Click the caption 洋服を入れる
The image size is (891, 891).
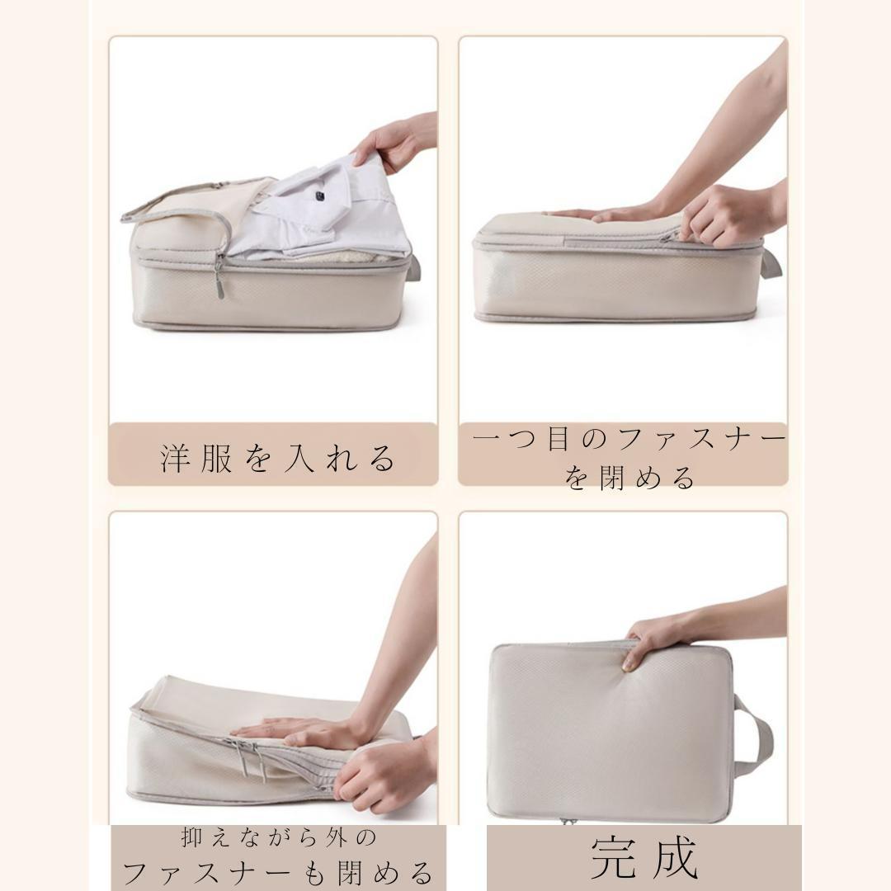[x=278, y=458]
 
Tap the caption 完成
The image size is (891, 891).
[x=644, y=858]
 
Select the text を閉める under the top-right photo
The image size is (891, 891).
[x=629, y=478]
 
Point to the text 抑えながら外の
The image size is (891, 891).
[x=279, y=837]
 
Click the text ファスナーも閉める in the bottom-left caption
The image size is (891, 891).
[x=278, y=872]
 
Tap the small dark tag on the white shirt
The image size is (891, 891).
[x=321, y=196]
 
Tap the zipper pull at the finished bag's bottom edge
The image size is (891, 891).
[x=567, y=821]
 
